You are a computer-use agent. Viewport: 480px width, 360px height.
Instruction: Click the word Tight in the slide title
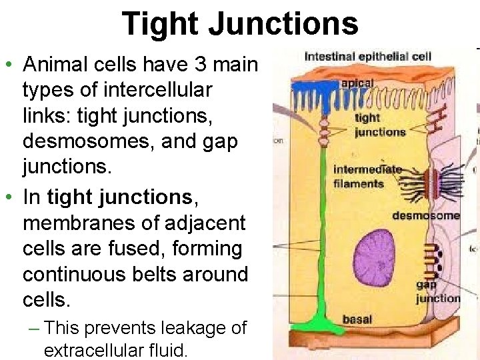(x=161, y=24)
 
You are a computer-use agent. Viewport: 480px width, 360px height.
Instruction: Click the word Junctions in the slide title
(x=284, y=24)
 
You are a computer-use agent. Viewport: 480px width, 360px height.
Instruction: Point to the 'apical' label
(x=357, y=83)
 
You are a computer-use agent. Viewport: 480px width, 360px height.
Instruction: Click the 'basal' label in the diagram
(x=357, y=319)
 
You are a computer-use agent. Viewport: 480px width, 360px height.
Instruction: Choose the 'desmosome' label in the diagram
(x=425, y=215)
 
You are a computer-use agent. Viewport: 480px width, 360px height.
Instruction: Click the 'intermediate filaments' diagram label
(x=367, y=176)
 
